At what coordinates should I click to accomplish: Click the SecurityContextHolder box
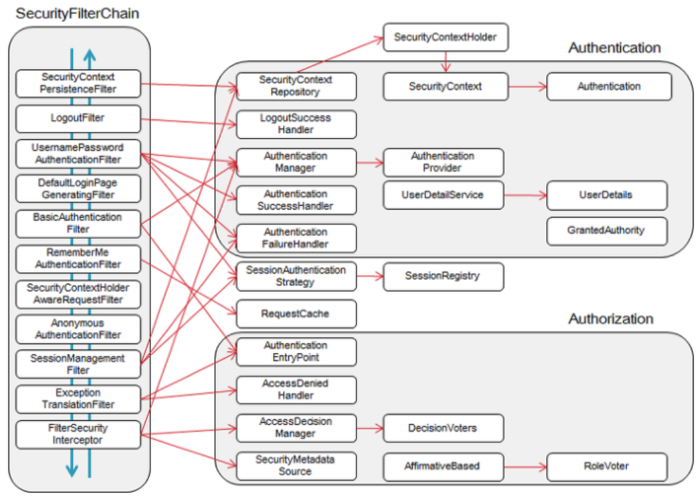click(445, 37)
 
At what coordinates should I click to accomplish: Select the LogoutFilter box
click(78, 119)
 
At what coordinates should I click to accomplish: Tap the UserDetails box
click(606, 195)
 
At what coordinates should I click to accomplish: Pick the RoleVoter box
click(606, 466)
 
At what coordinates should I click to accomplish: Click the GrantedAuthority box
click(606, 230)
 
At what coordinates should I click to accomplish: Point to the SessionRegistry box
click(443, 276)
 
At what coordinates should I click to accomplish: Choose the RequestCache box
click(296, 314)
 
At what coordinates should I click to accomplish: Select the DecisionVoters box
click(443, 428)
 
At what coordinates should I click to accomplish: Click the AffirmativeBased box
click(443, 466)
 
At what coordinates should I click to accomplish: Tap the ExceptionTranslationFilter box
click(78, 399)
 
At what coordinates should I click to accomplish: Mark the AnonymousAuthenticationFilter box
click(78, 329)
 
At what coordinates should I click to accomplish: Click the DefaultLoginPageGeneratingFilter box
click(78, 189)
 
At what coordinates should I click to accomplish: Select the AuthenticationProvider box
click(443, 162)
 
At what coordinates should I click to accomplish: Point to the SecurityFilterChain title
click(77, 13)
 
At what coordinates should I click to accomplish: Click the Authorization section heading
click(610, 319)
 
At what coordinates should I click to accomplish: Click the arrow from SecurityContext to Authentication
click(527, 87)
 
